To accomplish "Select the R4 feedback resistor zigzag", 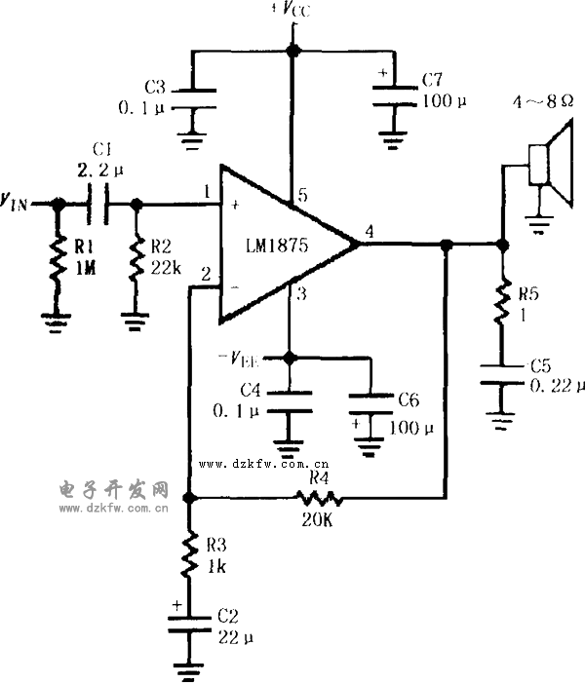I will click(315, 497).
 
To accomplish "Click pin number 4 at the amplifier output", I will click(369, 231).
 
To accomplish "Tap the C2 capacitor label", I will click(227, 616).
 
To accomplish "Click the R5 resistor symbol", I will click(503, 301).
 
